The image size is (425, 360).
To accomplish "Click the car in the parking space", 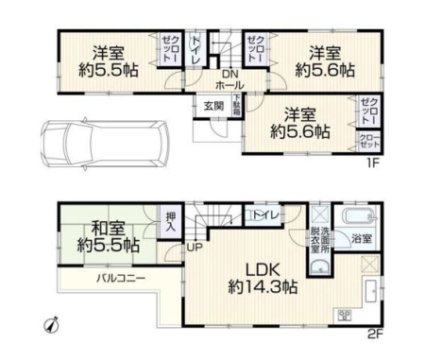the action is coord(105,145).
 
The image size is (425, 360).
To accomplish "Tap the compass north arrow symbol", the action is coord(52,324).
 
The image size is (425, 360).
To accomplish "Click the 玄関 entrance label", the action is coord(213,106).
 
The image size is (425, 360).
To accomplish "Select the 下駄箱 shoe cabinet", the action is coord(237,105).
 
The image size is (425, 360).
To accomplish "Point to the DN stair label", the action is coord(230,75).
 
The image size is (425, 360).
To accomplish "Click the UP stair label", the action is coord(195,248).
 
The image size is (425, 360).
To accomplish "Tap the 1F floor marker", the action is coord(372,163).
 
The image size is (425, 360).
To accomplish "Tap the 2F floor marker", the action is coord(375,334).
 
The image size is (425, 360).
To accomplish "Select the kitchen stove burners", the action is coord(345,315).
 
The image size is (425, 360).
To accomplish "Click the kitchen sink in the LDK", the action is coord(372,291).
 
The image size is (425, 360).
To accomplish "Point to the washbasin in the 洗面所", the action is coord(320,267).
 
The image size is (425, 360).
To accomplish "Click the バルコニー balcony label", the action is coord(121,279).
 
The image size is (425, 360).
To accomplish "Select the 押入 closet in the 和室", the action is coord(170,222).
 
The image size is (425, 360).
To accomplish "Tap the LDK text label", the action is coord(263,270).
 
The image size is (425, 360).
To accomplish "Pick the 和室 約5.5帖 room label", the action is coord(109,236).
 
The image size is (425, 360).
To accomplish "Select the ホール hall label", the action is coord(229,85).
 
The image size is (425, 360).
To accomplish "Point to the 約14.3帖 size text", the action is coord(263,287).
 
